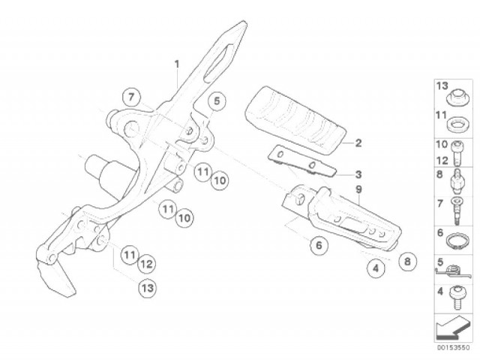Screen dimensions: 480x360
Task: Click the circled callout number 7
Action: click(131, 97)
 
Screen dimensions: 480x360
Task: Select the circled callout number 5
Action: click(217, 100)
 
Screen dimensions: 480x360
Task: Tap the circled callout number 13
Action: click(148, 288)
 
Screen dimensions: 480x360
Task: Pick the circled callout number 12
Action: click(146, 264)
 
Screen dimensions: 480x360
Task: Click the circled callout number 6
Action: click(319, 245)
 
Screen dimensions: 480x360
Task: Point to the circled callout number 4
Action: click(376, 268)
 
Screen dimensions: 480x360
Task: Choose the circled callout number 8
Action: click(408, 262)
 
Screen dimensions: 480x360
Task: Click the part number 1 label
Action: click(177, 64)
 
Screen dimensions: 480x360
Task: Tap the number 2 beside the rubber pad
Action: click(358, 143)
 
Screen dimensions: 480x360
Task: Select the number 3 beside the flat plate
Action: click(358, 175)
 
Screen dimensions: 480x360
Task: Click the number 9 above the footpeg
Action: click(358, 189)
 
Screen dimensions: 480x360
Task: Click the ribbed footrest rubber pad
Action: click(295, 121)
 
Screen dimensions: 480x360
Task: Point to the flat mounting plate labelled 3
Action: click(301, 161)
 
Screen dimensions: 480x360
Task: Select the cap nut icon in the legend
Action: click(457, 98)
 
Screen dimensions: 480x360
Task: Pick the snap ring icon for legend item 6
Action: click(457, 241)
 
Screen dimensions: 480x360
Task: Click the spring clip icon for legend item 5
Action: click(452, 271)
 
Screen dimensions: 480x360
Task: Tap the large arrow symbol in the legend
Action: click(452, 327)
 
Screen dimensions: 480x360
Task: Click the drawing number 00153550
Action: click(453, 348)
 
